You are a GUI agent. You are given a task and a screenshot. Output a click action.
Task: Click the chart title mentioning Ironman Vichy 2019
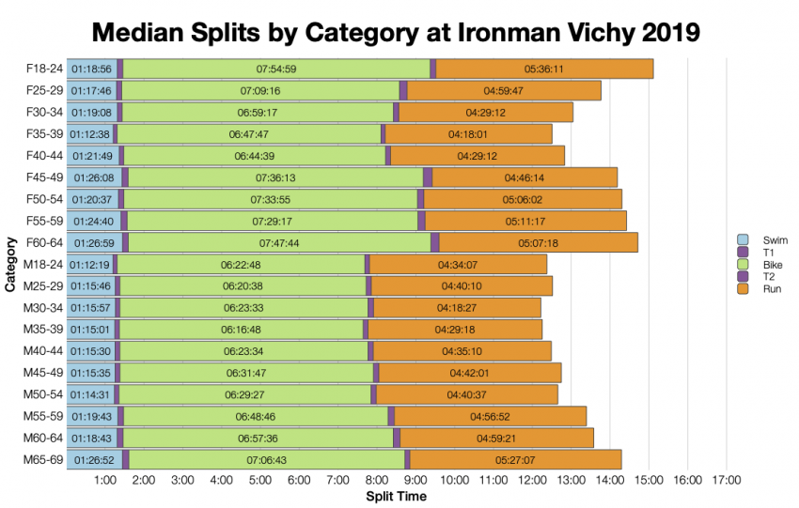click(396, 32)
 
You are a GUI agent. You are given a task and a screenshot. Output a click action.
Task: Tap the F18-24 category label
click(45, 69)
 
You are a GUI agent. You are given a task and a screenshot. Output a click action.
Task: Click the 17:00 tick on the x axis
click(727, 481)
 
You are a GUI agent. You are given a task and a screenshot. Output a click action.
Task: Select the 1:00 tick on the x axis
click(105, 481)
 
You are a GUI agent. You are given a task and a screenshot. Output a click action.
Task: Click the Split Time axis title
click(395, 496)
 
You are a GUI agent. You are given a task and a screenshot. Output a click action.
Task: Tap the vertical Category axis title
click(10, 265)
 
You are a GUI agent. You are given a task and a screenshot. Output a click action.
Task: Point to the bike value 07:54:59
click(276, 69)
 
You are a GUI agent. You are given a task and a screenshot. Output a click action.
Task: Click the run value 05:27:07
click(514, 460)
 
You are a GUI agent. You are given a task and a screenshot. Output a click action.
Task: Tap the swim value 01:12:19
click(90, 265)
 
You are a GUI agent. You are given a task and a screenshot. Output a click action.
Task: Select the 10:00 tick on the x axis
click(455, 481)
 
